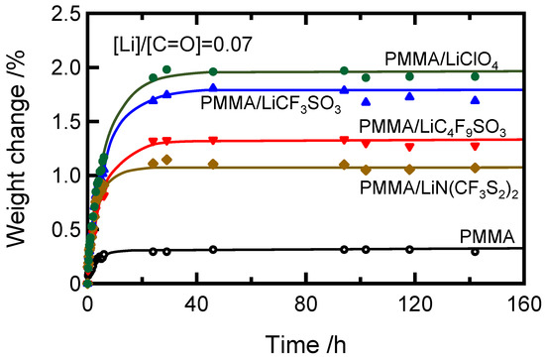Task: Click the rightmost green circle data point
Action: point(476,76)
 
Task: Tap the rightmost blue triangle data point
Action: point(476,99)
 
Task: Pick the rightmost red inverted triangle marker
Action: point(476,145)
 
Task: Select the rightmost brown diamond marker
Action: point(476,168)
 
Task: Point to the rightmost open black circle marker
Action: point(476,252)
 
